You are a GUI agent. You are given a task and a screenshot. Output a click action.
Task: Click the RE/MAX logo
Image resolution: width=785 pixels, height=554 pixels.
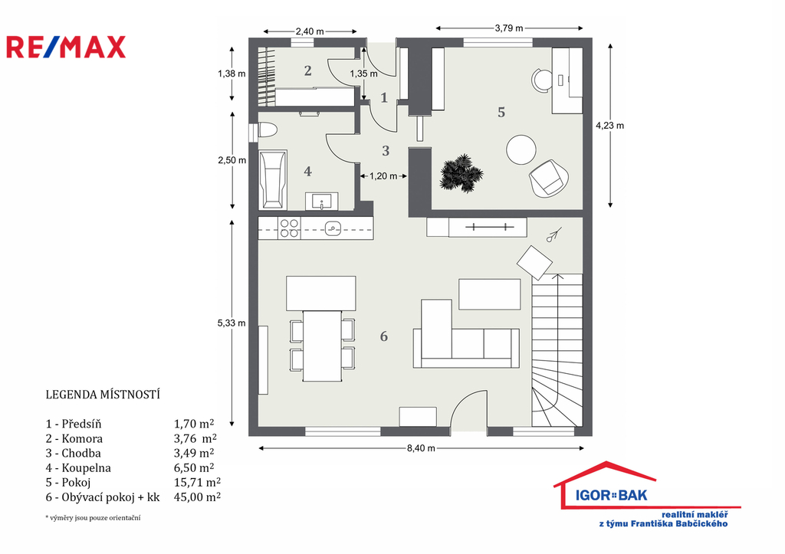[x=66, y=47]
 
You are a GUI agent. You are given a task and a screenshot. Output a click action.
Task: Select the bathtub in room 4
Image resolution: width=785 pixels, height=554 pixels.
[x=273, y=179]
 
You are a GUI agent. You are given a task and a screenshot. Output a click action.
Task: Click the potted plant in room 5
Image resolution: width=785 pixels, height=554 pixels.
[x=461, y=172]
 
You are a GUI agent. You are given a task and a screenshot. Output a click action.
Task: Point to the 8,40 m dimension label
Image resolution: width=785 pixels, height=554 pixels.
[x=421, y=448]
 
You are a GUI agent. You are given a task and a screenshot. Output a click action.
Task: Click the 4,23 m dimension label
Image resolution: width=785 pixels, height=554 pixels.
[x=609, y=126]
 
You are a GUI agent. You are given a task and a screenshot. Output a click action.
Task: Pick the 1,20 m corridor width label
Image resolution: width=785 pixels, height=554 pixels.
[x=383, y=176]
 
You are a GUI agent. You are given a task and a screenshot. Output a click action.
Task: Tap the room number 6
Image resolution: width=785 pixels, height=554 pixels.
[x=384, y=336]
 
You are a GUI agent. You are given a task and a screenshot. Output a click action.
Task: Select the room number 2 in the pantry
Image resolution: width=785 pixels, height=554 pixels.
[x=308, y=70]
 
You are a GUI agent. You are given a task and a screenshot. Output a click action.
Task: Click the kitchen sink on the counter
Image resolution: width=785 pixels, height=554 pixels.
[x=333, y=228]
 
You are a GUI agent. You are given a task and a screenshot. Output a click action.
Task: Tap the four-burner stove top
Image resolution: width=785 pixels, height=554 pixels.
[x=289, y=228]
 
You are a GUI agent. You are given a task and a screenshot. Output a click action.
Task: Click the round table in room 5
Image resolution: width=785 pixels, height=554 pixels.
[x=521, y=149]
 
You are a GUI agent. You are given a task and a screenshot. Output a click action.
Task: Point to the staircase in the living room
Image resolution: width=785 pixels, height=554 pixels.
[x=557, y=350]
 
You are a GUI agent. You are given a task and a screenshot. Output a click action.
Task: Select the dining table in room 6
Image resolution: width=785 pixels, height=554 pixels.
[x=322, y=346]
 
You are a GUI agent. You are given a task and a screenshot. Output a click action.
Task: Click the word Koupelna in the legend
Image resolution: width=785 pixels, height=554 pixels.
[x=86, y=468]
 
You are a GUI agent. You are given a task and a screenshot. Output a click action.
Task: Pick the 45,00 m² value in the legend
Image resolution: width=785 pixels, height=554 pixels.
[x=197, y=497]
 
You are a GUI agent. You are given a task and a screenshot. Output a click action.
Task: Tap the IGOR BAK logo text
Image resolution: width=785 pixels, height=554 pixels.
[x=611, y=496]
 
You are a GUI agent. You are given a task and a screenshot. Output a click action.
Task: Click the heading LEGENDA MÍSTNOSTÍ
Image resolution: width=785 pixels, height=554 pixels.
[x=103, y=395]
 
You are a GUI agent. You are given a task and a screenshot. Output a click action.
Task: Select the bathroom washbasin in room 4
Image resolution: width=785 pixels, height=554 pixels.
[x=321, y=202]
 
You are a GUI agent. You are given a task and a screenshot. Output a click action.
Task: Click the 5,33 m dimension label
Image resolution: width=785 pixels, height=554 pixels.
[x=232, y=323]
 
